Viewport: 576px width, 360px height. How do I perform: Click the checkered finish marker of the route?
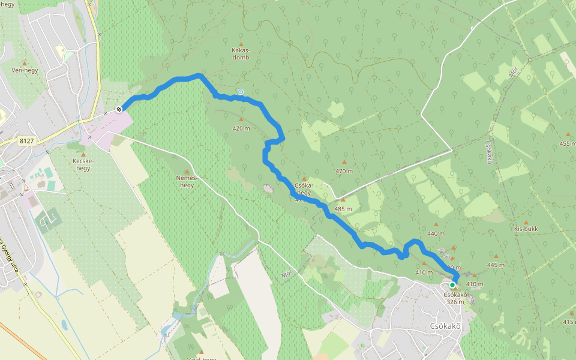pyautogui.click(x=119, y=109)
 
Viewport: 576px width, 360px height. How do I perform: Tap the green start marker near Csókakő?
pyautogui.click(x=452, y=285)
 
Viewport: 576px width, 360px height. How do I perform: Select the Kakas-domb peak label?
pyautogui.click(x=241, y=55)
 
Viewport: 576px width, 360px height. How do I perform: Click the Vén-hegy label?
pyautogui.click(x=25, y=70)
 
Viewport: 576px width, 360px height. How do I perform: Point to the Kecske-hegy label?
pyautogui.click(x=82, y=164)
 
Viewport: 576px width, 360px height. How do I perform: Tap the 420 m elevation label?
pyautogui.click(x=241, y=128)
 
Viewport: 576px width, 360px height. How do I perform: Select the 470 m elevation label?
pyautogui.click(x=344, y=171)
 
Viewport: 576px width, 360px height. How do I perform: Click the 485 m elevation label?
pyautogui.click(x=343, y=209)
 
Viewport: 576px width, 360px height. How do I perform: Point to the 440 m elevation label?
pyautogui.click(x=436, y=233)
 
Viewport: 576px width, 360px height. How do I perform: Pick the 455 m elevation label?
pyautogui.click(x=568, y=143)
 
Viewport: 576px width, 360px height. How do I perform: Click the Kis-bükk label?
pyautogui.click(x=526, y=229)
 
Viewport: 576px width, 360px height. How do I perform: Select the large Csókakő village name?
pyautogui.click(x=445, y=326)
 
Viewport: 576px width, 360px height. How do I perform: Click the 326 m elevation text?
pyautogui.click(x=455, y=302)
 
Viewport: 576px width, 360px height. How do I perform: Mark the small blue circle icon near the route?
pyautogui.click(x=240, y=92)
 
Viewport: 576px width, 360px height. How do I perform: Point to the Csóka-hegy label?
pyautogui.click(x=304, y=189)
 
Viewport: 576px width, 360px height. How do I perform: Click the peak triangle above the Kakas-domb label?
pyautogui.click(x=241, y=44)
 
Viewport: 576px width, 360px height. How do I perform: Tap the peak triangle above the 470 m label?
pyautogui.click(x=344, y=161)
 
